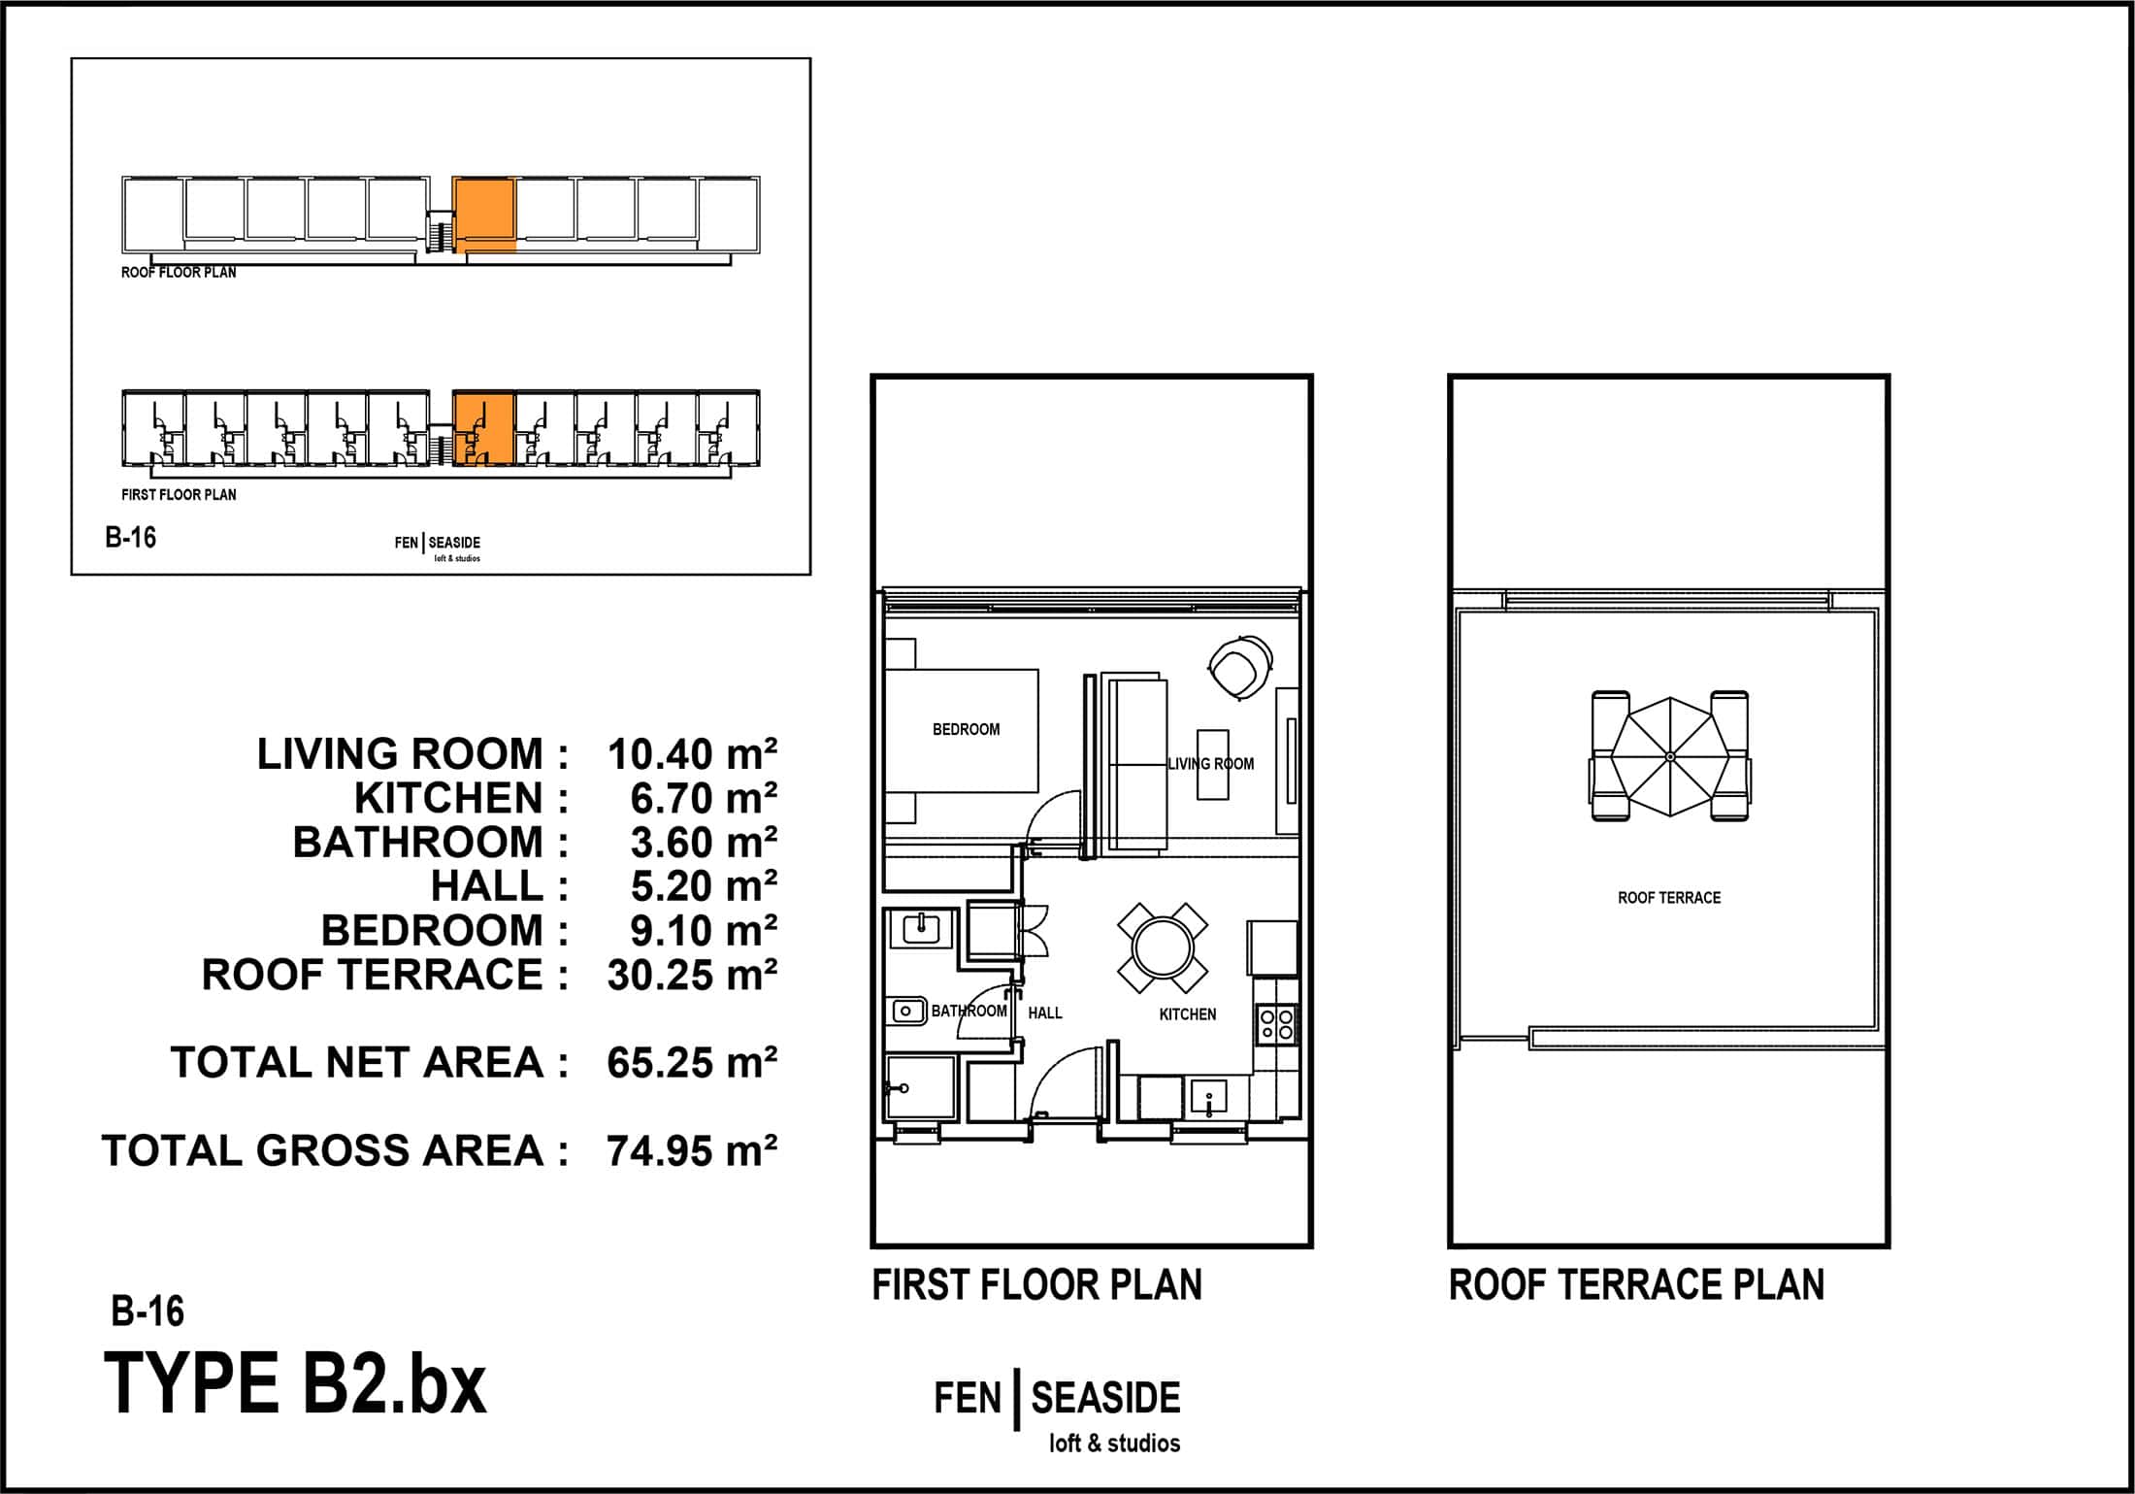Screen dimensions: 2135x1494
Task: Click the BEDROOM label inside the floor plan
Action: [966, 729]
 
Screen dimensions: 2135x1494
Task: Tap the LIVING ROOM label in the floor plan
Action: [1210, 764]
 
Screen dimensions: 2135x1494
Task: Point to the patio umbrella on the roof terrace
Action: [1669, 756]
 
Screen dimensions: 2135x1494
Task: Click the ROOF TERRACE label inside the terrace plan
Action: [1669, 898]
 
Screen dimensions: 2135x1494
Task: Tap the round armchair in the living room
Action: [1239, 667]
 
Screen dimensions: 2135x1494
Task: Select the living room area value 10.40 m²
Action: [692, 754]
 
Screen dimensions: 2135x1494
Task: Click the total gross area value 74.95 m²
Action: [692, 1151]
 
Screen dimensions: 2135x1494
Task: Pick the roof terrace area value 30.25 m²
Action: [692, 975]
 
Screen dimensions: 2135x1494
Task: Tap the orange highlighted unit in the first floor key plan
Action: [483, 429]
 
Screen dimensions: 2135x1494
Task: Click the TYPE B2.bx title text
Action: [295, 1384]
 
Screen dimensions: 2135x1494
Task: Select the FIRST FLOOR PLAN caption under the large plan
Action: [1036, 1285]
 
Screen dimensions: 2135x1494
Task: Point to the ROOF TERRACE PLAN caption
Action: [1636, 1285]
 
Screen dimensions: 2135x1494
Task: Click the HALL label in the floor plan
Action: [1045, 1013]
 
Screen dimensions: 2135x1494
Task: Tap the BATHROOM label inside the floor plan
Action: [969, 1012]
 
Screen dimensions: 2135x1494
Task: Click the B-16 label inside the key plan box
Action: [130, 538]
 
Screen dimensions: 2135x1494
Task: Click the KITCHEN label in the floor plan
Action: [1188, 1014]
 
